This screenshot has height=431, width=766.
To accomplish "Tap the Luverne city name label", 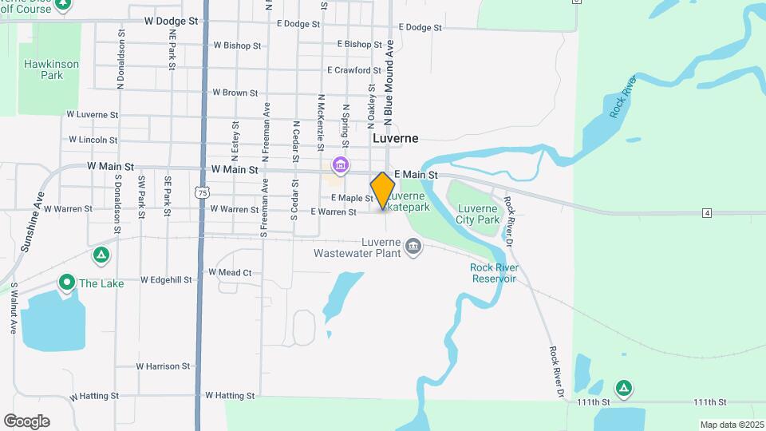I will point(395,138).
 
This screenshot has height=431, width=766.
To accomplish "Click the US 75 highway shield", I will point(203,192).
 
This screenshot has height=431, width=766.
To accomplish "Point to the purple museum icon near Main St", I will point(341,166).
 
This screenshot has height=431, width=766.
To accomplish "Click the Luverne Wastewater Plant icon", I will point(413,245).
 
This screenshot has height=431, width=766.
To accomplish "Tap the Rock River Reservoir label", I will point(494,272).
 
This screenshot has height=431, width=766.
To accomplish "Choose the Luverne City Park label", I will point(477,214).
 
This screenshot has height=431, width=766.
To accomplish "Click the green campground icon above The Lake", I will point(101,255).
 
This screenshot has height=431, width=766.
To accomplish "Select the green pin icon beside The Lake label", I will point(66,283).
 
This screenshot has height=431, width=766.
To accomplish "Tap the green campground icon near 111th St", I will point(624,389).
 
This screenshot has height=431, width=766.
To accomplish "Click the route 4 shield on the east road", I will point(707,212).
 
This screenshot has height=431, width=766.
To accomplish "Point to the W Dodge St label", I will point(171,22).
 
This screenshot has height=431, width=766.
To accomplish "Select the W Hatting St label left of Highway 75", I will point(94,396).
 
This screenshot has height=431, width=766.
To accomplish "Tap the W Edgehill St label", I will point(166,280).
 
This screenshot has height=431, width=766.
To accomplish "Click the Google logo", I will point(26,421).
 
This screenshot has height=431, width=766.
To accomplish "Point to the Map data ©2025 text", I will point(731,425).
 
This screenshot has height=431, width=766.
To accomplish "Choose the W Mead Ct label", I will point(230,272).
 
